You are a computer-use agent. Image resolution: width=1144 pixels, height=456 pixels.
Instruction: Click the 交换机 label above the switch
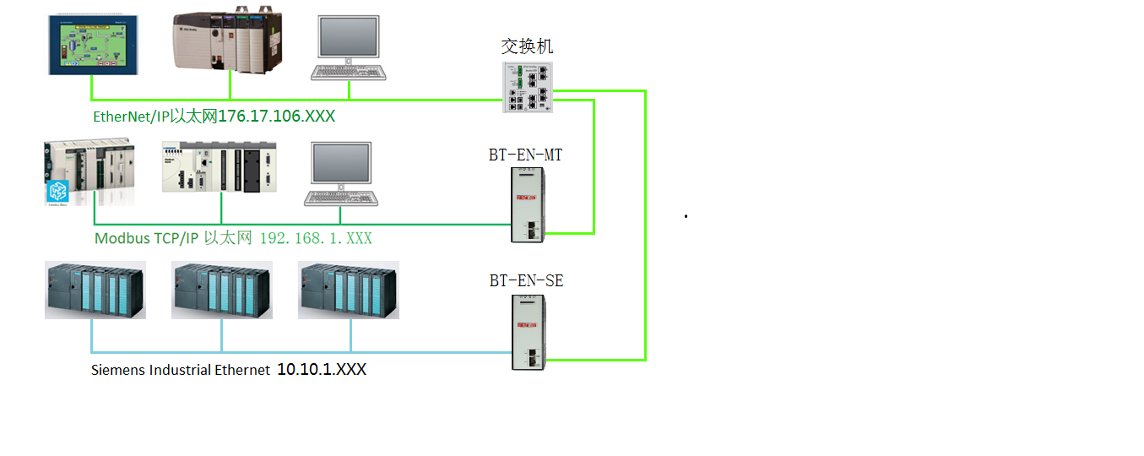(x=527, y=46)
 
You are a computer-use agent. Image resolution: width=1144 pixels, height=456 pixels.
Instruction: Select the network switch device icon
(x=529, y=88)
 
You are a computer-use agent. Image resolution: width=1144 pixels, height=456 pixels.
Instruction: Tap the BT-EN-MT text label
(x=525, y=155)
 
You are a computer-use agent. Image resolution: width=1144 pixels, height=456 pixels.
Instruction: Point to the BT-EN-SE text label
(x=526, y=281)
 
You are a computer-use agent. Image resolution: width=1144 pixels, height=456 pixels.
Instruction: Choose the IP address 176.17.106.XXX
(x=276, y=117)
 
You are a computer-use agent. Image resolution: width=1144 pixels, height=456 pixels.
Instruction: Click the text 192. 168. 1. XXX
(x=315, y=239)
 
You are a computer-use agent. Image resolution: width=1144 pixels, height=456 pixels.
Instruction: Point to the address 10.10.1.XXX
(x=322, y=370)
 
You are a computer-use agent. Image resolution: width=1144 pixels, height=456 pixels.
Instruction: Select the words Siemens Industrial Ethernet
(x=181, y=370)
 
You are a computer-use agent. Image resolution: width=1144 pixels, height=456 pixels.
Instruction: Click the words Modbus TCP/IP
(x=146, y=239)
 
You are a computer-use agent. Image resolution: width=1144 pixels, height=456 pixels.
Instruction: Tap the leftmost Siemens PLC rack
(x=95, y=290)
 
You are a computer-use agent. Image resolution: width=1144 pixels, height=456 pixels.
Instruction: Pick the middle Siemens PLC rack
(x=221, y=290)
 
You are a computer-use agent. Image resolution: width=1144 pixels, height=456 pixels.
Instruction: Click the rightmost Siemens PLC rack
(x=348, y=290)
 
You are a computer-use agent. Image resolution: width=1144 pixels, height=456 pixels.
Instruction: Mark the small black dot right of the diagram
(x=686, y=217)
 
